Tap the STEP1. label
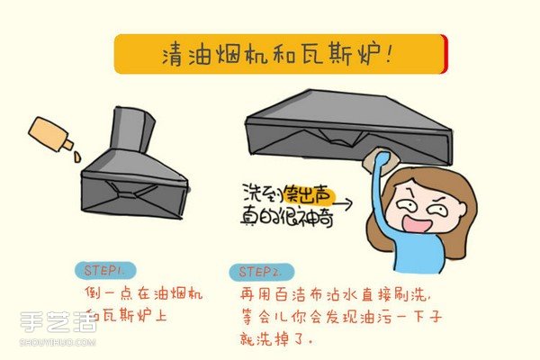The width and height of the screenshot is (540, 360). pos(105,269)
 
